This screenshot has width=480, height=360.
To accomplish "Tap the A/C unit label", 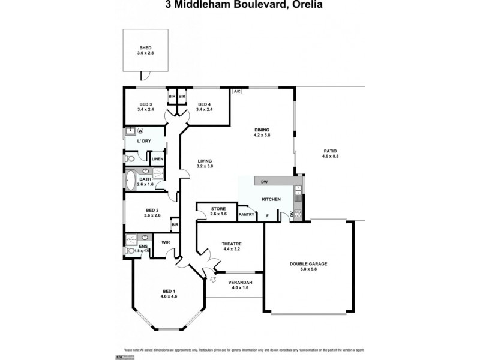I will click(237, 91).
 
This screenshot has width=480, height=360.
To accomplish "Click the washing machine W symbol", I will click(140, 131).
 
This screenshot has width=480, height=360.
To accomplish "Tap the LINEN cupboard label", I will click(157, 159).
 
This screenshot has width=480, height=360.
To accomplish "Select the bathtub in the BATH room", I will click(131, 179).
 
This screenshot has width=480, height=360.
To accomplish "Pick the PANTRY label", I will click(247, 214).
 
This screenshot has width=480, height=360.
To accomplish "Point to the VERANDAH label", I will click(239, 284).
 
